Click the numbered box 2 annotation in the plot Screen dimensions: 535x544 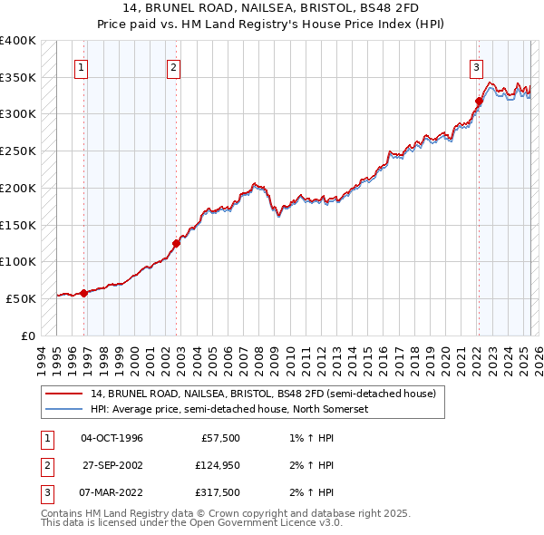(x=173, y=66)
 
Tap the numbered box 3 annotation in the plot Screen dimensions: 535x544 (x=476, y=66)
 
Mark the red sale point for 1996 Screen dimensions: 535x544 (x=83, y=293)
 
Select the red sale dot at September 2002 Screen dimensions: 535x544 (x=177, y=243)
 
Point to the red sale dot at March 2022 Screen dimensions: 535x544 (x=478, y=102)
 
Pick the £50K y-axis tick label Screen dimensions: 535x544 (x=22, y=298)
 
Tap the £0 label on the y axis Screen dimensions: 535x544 (x=28, y=336)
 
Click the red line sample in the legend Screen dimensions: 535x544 (x=63, y=394)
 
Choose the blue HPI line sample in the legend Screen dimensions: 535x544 (x=63, y=409)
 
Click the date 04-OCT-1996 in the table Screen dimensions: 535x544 (x=112, y=438)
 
